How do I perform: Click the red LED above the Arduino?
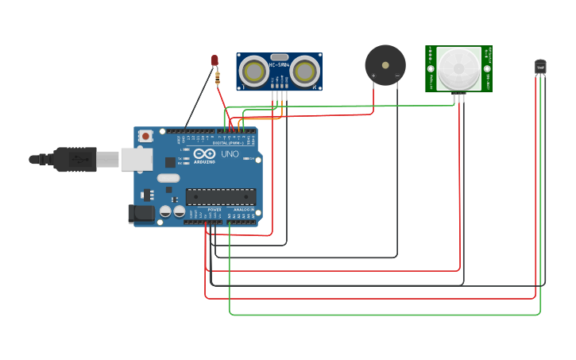pos(215,60)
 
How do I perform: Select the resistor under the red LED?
pos(218,77)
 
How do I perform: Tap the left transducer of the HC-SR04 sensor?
pos(255,72)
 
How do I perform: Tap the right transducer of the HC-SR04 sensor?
pos(303,72)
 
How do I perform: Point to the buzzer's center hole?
pos(385,64)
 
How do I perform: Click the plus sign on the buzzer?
pos(373,75)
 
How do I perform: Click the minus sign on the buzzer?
pos(396,75)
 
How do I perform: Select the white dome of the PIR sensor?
pos(458,69)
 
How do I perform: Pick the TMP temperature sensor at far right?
pos(540,68)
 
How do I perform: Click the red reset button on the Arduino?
pos(145,136)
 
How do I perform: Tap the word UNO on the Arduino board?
pos(230,153)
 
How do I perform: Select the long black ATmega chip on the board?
pos(220,196)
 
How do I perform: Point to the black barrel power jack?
pos(142,213)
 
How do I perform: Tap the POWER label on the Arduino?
pos(215,209)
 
